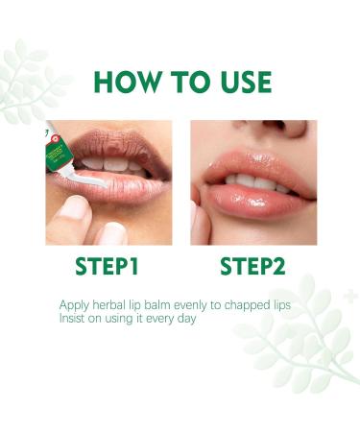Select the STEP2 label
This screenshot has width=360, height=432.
[x=253, y=266]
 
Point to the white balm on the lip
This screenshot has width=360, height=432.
[x=96, y=183]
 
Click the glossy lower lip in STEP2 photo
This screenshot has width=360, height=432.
[x=252, y=200]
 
